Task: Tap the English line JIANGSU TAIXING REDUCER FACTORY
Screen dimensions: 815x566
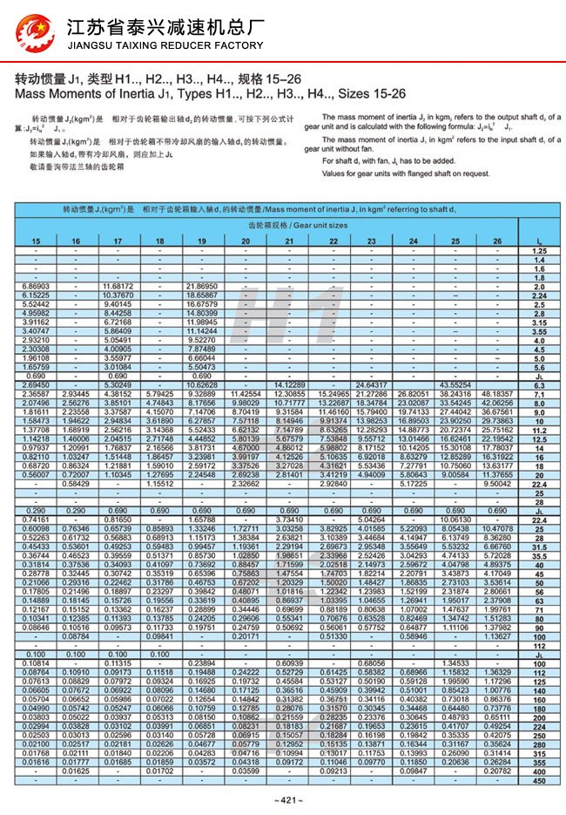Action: [165, 45]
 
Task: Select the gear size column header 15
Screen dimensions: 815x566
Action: [36, 240]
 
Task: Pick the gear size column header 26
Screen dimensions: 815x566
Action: [496, 240]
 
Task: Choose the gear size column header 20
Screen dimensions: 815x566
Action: [245, 240]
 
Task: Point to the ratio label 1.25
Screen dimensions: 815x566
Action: [539, 250]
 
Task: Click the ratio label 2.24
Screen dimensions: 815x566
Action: [539, 295]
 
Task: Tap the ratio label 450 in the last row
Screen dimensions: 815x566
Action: [539, 781]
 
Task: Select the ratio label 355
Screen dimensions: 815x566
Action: [539, 763]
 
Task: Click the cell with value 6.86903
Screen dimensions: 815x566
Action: [36, 286]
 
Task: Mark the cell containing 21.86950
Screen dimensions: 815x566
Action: [202, 286]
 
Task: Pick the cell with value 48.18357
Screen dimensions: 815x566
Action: [496, 394]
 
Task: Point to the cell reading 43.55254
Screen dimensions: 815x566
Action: [455, 385]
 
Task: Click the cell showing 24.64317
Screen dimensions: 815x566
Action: [371, 385]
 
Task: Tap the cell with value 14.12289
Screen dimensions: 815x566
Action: [287, 385]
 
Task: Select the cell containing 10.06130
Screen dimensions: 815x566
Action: [455, 520]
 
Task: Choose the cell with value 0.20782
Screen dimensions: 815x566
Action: [496, 772]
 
